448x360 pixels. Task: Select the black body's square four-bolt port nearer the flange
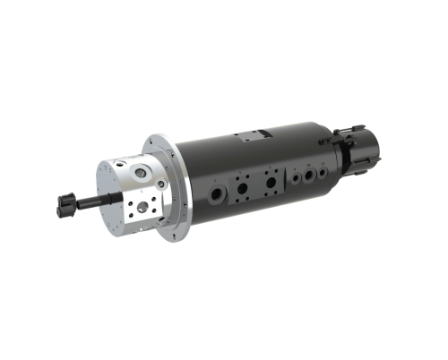coord(241,188)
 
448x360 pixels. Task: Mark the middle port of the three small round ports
coord(309,176)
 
